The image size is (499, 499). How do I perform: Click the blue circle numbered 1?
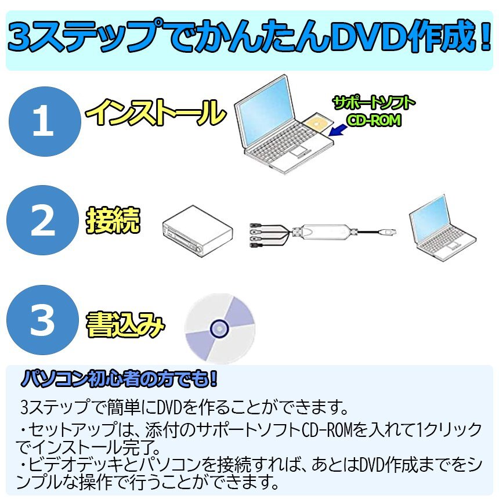tap(45, 122)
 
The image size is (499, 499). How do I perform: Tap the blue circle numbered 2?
tap(42, 220)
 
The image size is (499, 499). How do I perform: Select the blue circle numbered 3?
tap(42, 320)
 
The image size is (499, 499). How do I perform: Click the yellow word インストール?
tap(156, 112)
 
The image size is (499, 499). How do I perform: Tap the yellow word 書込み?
tap(125, 324)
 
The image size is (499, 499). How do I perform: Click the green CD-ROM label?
tap(374, 120)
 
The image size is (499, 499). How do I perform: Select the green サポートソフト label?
tap(374, 103)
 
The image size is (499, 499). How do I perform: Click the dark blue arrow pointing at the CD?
tap(338, 130)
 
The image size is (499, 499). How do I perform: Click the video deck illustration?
tap(197, 231)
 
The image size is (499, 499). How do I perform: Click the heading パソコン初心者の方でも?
tap(119, 379)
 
